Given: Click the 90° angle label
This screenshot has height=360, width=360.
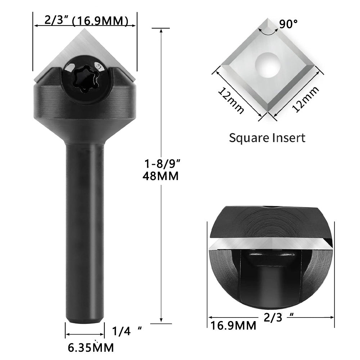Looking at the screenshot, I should point(288,24).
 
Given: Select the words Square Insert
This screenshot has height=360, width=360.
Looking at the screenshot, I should point(267,138).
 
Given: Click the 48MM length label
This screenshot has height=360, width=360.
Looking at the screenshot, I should point(160,177).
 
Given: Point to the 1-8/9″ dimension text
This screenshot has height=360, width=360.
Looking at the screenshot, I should point(160,164).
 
